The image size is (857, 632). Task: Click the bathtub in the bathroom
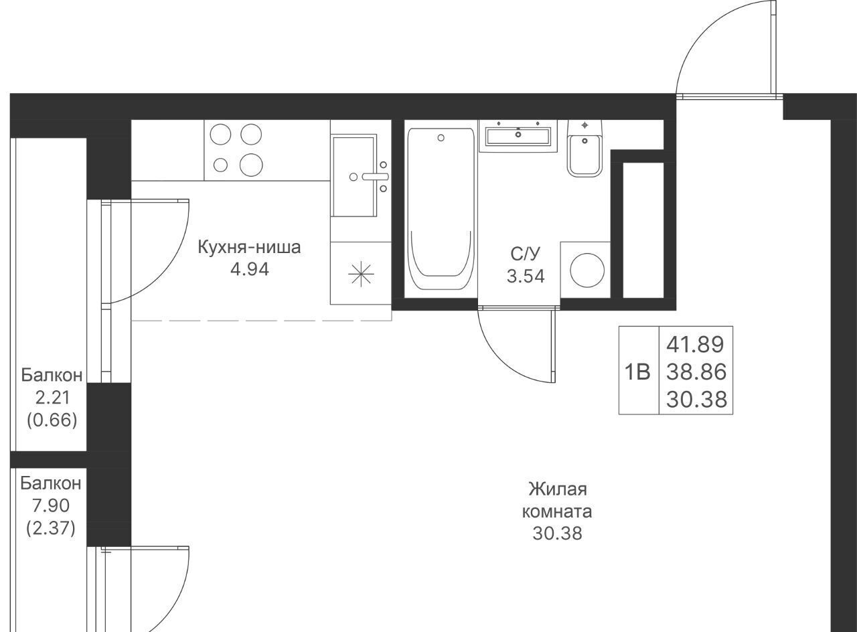click(441, 208)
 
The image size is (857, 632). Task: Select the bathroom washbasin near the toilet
click(518, 136)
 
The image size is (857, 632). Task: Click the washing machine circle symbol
click(587, 270)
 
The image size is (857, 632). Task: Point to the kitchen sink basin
click(354, 175)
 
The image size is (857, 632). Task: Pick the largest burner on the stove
click(251, 165)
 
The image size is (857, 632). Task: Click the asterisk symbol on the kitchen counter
click(361, 274)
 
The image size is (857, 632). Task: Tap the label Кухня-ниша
click(250, 247)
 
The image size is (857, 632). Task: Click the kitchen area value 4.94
click(250, 270)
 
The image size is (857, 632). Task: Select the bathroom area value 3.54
click(526, 276)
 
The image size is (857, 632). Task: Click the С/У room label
click(526, 254)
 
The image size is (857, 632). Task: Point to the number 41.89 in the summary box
click(695, 344)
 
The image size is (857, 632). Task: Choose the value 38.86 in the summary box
click(696, 372)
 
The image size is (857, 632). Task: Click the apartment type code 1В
click(637, 372)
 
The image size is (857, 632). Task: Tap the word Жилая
click(558, 489)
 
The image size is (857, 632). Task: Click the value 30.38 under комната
click(558, 534)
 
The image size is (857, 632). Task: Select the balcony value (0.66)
click(52, 420)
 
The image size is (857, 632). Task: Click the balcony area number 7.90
click(51, 505)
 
